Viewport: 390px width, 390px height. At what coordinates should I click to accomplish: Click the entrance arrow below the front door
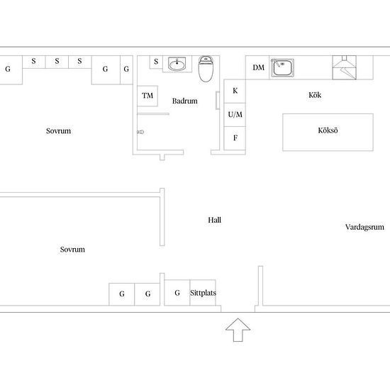238,330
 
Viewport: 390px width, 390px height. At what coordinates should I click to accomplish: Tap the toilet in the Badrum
206,69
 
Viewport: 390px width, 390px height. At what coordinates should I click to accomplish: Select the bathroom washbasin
177,64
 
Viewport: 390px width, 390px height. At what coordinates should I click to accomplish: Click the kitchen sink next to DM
282,67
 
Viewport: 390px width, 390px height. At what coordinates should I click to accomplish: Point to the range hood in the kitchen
344,67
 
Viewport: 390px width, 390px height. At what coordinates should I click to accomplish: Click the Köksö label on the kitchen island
328,130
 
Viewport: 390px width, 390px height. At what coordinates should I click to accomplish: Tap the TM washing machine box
147,96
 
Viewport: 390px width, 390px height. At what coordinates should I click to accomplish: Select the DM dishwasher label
258,67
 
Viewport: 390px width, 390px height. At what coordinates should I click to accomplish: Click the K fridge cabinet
235,91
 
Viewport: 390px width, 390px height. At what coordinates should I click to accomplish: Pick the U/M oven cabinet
235,115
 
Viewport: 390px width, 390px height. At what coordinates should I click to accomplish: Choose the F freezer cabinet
235,138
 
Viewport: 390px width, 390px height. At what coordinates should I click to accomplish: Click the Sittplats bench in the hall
203,293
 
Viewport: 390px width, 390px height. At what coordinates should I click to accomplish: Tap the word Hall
214,220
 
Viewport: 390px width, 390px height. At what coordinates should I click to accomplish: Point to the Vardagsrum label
364,227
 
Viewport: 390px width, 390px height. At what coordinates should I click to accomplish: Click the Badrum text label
185,101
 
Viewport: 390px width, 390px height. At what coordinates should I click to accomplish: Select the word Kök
315,95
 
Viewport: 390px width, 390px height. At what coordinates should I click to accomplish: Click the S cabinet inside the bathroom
156,62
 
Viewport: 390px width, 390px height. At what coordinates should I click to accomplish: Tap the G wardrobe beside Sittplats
177,293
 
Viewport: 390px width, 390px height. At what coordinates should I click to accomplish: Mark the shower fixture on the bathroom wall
140,132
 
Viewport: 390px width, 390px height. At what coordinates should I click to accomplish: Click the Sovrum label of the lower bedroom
72,249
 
